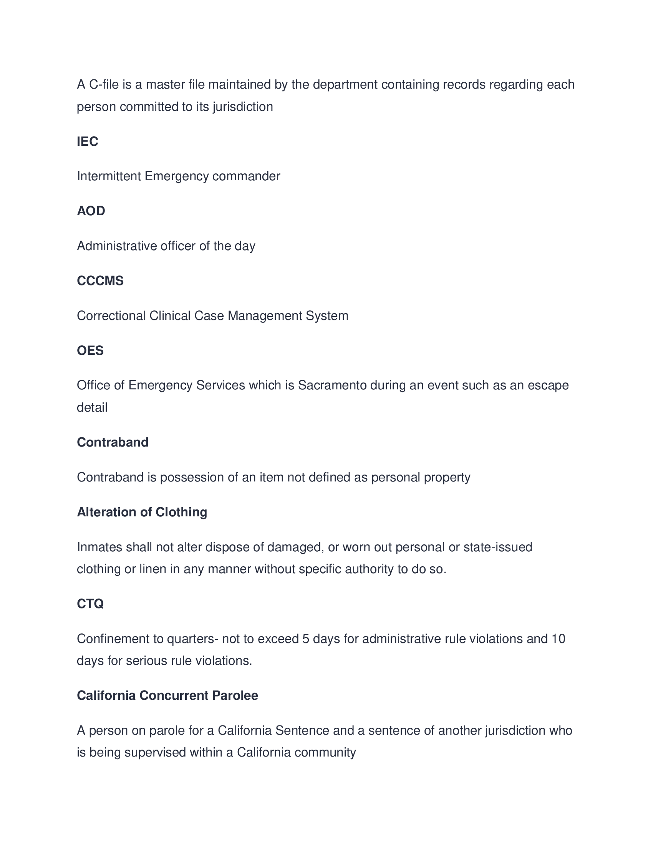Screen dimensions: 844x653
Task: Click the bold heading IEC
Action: click(x=88, y=142)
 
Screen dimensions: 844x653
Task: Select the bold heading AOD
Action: click(x=91, y=211)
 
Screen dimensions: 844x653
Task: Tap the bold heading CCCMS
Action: click(x=100, y=280)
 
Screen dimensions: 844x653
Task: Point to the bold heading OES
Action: click(x=90, y=351)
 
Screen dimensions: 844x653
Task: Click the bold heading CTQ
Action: click(x=90, y=603)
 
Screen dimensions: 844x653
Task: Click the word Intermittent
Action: click(x=109, y=176)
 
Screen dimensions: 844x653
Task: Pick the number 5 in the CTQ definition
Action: click(x=306, y=639)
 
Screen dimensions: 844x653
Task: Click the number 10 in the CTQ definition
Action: click(x=558, y=639)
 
